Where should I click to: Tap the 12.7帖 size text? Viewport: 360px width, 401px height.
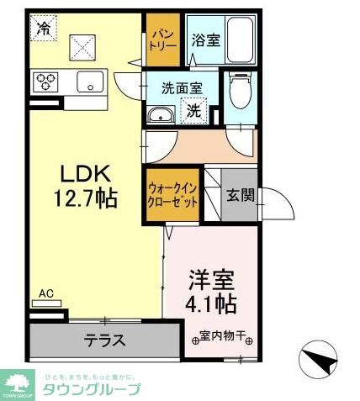click(86, 198)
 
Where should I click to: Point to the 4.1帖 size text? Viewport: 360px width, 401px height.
click(211, 302)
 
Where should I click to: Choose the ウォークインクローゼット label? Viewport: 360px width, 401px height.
click(172, 196)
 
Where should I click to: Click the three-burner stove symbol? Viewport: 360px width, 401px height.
click(45, 82)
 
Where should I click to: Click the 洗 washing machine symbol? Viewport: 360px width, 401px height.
click(193, 110)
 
